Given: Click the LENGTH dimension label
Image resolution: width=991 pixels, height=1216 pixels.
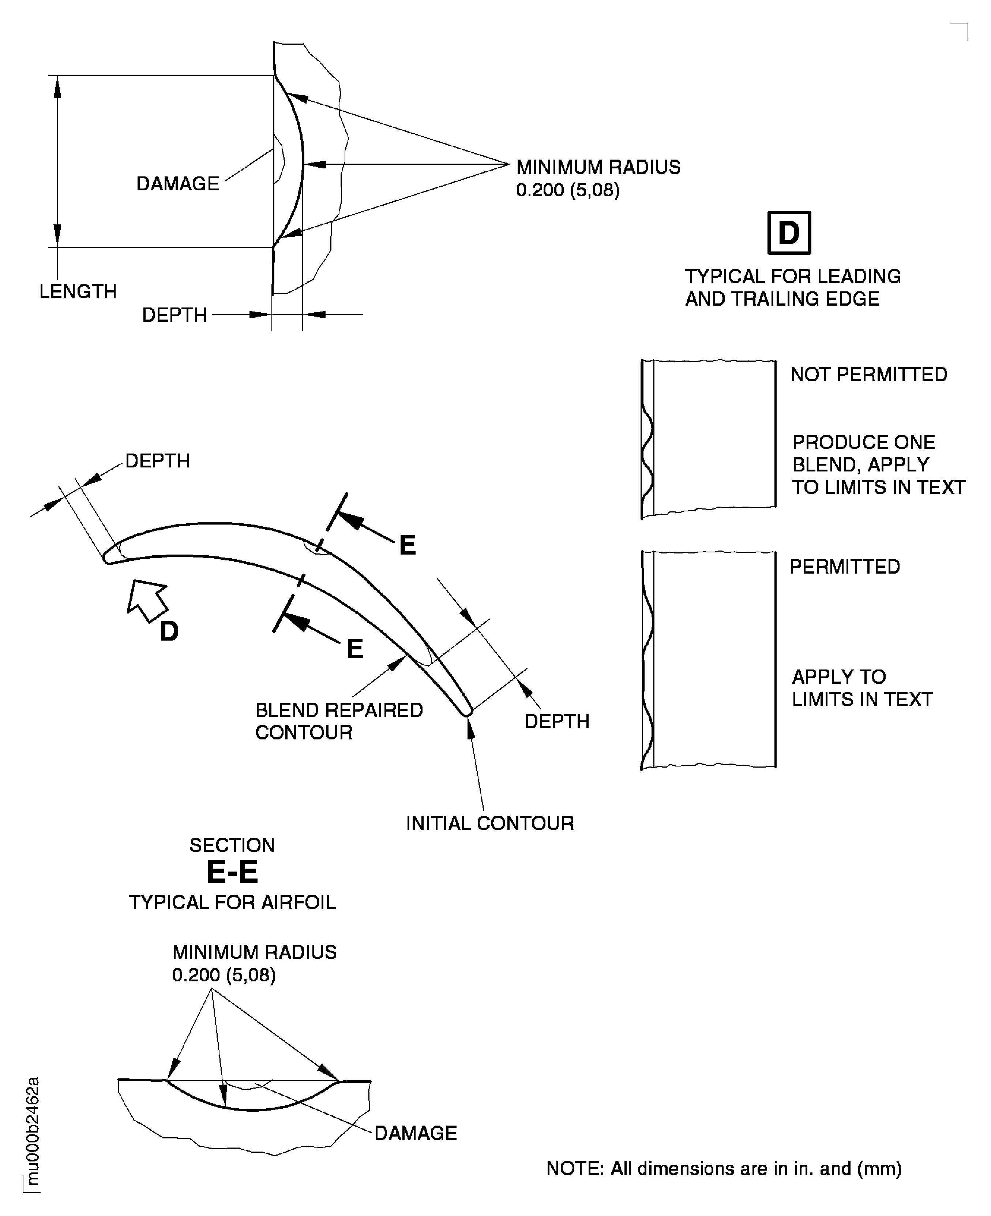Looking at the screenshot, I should pos(78,292).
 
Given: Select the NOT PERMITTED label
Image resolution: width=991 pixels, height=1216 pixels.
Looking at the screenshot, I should pos(868,375).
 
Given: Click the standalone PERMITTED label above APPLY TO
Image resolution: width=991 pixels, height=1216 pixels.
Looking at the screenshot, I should pos(844,567).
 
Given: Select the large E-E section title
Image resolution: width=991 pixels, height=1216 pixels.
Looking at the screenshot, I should pos(232,872).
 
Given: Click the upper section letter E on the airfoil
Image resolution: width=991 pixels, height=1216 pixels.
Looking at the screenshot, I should pos(407,545).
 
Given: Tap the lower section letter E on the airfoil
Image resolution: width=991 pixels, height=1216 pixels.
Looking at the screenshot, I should pos(354,649).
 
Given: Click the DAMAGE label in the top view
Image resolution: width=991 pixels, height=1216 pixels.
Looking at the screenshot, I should pos(177,184).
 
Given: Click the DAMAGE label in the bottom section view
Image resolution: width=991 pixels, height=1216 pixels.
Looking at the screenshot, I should pos(415,1133).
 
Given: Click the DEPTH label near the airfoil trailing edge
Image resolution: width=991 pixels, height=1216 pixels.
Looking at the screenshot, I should pos(556,721).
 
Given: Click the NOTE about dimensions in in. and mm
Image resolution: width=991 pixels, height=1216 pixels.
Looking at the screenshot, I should pos(723,1168).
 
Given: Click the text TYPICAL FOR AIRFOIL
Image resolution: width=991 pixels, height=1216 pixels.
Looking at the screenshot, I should pos(232,902).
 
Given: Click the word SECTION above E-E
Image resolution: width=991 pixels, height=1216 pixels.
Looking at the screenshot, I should pos(232,845).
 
